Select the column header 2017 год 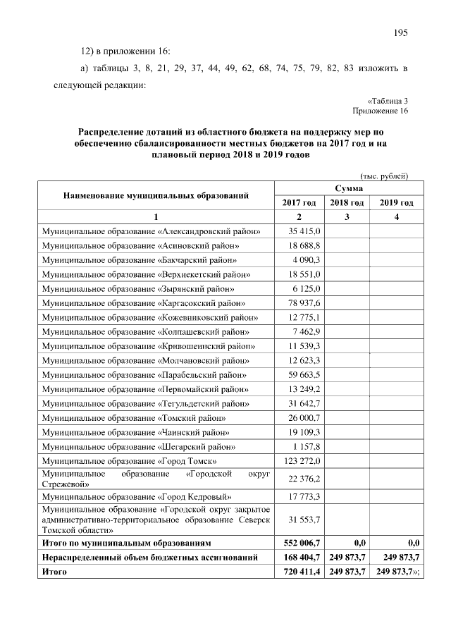click(x=299, y=202)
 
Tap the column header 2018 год click(x=347, y=202)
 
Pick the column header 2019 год click(x=397, y=202)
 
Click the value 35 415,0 click(x=305, y=231)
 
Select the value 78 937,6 click(x=305, y=302)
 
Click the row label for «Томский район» click(x=134, y=417)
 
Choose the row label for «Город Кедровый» click(x=138, y=496)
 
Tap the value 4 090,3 click(x=307, y=259)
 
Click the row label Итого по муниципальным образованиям click(x=116, y=543)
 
